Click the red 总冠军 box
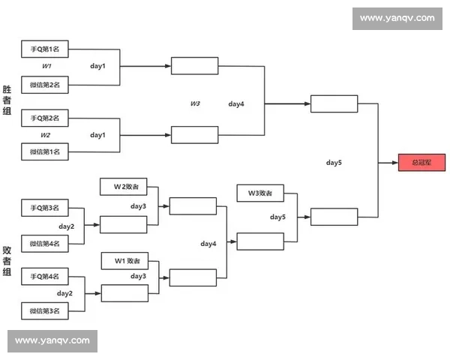[421, 163]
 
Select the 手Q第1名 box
[45, 49]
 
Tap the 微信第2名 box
[45, 85]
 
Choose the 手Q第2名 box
[45, 118]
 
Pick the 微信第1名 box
[45, 152]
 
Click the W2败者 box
[124, 186]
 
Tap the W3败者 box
[260, 193]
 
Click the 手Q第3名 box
[45, 207]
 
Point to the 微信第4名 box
[45, 243]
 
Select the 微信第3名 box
[45, 310]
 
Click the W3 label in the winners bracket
[195, 103]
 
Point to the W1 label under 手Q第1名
[46, 67]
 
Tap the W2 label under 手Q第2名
[46, 136]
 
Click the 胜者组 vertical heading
[7, 100]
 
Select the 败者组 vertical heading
[7, 261]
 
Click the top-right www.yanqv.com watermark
[397, 18]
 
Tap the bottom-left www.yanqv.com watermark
[52, 340]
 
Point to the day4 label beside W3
[236, 103]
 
